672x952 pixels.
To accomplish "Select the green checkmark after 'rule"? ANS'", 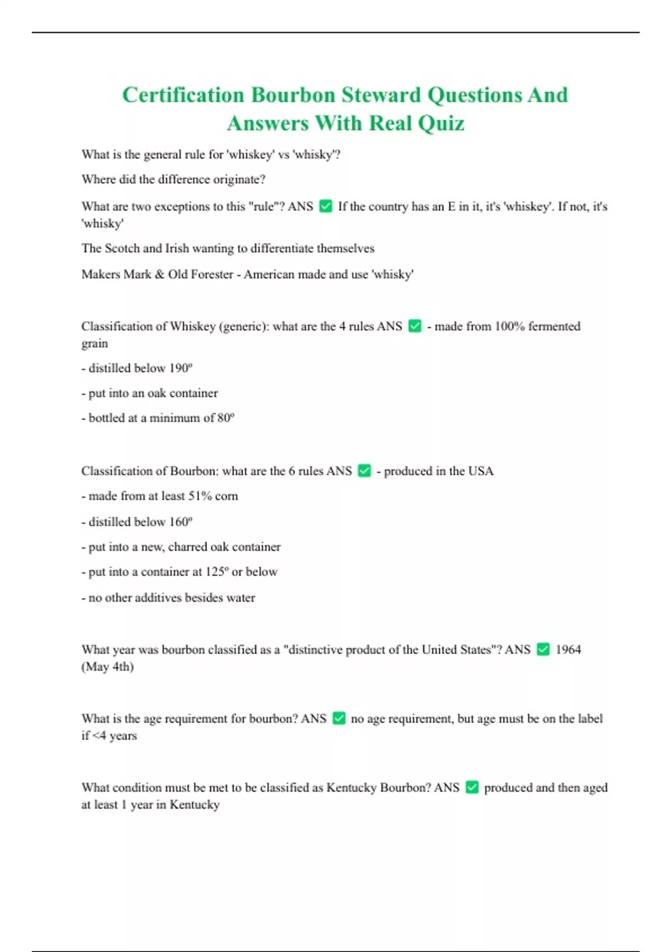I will click(x=325, y=207).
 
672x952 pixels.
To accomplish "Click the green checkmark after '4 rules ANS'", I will click(x=415, y=326).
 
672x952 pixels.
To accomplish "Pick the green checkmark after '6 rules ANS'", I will click(x=365, y=471).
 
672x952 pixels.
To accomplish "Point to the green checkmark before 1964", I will click(x=543, y=650).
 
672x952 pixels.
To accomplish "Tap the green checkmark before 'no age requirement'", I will click(x=339, y=718).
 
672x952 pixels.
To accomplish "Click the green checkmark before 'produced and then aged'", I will click(x=472, y=787).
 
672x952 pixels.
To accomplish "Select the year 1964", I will click(x=568, y=650).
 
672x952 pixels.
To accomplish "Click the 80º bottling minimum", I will click(x=226, y=418).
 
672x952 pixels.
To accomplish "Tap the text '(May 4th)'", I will click(x=108, y=667).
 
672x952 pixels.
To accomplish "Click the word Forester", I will click(x=212, y=274).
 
